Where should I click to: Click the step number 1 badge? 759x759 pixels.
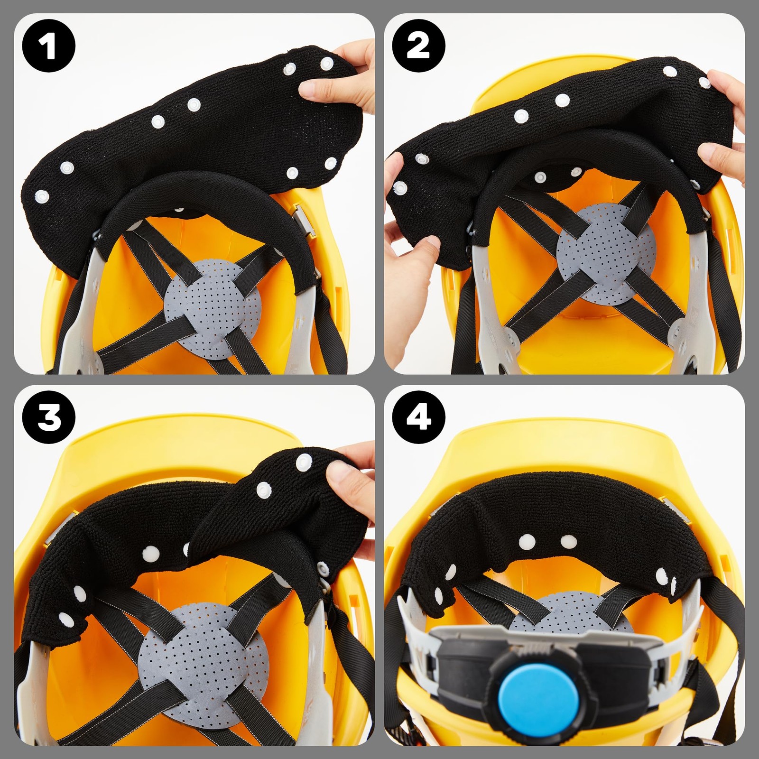point(48,46)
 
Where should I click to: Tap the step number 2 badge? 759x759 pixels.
point(418,46)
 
